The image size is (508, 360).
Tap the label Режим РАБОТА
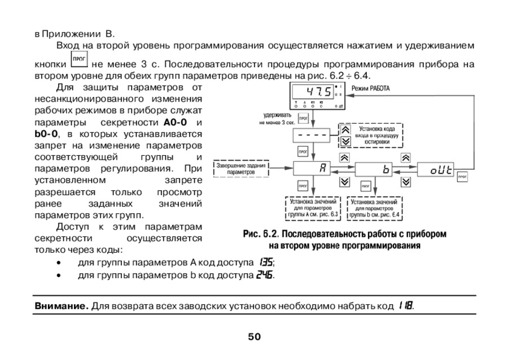[370, 89]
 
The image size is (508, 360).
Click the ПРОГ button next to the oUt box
[463, 177]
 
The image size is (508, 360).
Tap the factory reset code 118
[405, 306]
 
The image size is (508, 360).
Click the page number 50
[254, 337]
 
